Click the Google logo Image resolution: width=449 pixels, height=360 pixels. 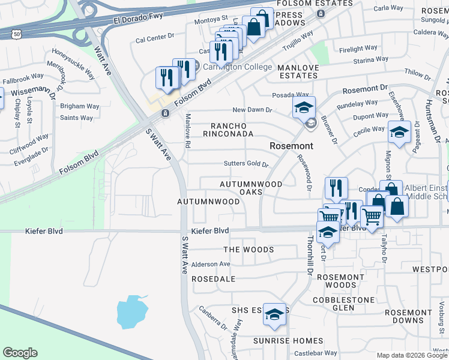(20, 353)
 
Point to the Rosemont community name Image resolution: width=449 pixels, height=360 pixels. (291, 146)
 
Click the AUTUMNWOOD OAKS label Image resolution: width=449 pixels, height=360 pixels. (251, 188)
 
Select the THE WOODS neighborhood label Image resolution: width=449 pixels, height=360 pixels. (249, 250)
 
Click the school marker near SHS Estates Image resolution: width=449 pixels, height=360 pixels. (274, 314)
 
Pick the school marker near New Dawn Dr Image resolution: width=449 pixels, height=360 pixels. (304, 107)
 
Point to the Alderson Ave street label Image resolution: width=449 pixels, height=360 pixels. (211, 264)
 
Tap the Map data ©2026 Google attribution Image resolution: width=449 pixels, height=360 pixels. (411, 355)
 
